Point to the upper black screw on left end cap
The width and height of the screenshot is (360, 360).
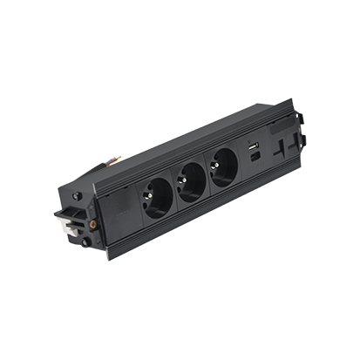point(79,197)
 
